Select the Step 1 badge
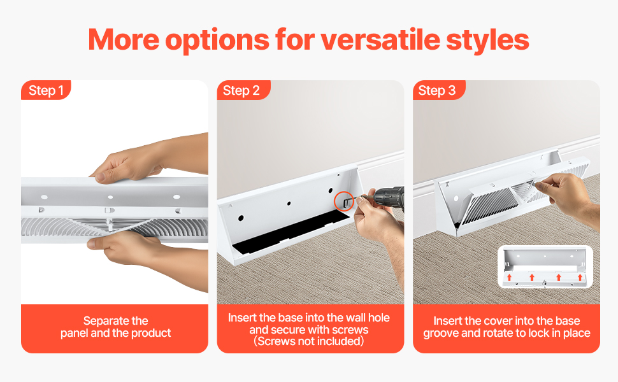pos(46,91)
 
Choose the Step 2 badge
pos(241,91)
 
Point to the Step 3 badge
pos(437,91)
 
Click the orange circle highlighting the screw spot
pos(344,201)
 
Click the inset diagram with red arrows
pos(545,268)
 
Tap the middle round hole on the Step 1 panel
pos(110,197)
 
